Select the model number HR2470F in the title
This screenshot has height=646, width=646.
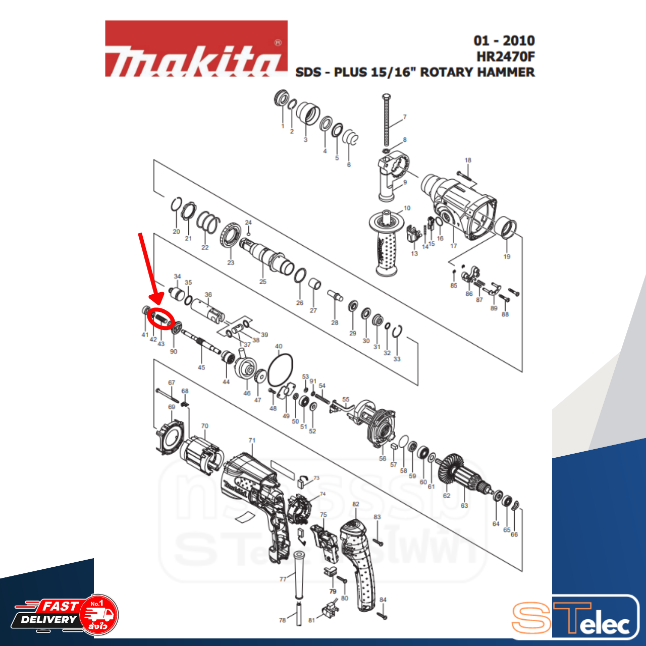click(x=505, y=57)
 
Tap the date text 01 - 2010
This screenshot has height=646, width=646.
click(x=504, y=41)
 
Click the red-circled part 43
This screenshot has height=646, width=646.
click(x=161, y=319)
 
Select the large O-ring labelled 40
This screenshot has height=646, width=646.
click(x=280, y=369)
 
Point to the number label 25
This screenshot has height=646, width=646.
click(x=263, y=282)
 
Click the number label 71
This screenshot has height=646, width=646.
click(x=252, y=441)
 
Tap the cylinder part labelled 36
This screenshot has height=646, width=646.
click(x=207, y=310)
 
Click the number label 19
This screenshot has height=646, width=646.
click(x=507, y=256)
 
